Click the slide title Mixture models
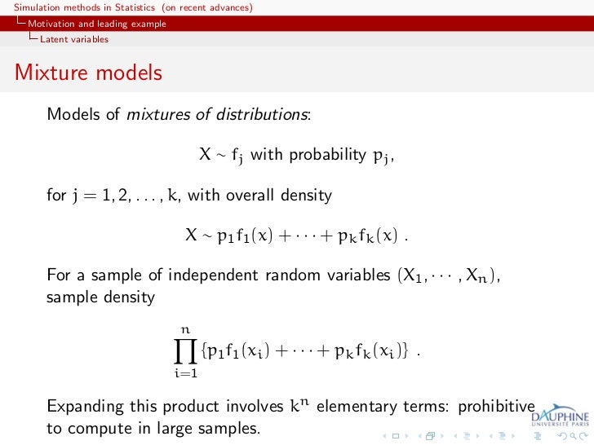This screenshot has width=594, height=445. click(88, 73)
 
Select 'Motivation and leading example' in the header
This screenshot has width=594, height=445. click(96, 24)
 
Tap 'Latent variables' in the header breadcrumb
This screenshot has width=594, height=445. click(74, 38)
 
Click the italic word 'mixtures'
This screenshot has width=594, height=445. click(158, 114)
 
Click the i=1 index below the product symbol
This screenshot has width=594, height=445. click(185, 373)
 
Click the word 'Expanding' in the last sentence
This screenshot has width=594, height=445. click(86, 407)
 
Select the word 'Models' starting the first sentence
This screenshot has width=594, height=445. click(73, 114)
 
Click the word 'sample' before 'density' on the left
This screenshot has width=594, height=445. click(71, 297)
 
